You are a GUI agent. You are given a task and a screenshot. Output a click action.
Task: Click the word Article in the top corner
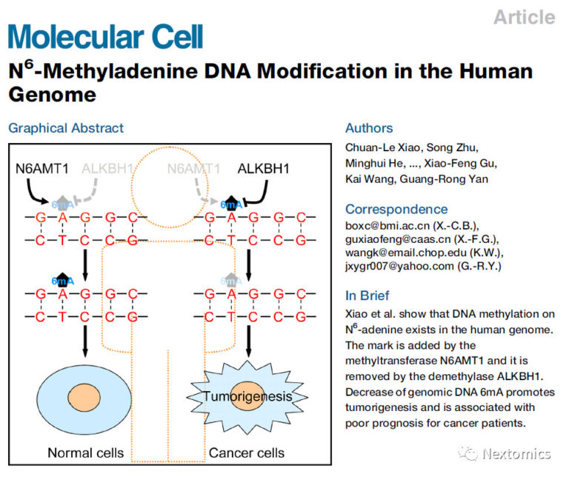524,17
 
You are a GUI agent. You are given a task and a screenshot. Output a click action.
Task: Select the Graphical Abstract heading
66,128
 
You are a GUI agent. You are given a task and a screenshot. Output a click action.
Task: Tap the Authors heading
369,128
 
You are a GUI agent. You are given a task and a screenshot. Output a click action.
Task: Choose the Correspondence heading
396,209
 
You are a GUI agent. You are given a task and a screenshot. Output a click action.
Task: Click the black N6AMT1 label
43,169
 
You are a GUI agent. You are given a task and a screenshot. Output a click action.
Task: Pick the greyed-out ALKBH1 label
108,169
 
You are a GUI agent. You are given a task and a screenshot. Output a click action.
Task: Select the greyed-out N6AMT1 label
193,169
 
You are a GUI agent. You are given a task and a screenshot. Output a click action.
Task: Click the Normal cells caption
81,453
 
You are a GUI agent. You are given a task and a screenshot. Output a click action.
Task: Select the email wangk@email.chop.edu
404,252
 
